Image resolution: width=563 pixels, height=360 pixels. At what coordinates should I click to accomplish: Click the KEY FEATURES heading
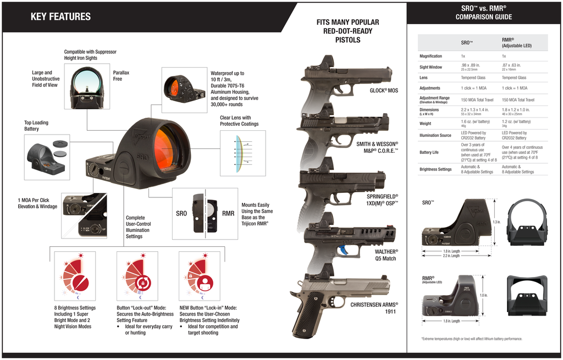[60, 16]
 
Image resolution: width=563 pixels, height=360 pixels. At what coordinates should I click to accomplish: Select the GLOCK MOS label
[383, 90]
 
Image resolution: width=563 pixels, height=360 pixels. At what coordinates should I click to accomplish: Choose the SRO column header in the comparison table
[467, 42]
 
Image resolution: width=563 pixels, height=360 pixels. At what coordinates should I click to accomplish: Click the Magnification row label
[430, 56]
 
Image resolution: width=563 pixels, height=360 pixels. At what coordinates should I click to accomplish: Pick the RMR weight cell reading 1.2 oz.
[516, 121]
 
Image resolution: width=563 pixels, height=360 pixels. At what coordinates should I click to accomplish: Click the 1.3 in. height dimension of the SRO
[497, 222]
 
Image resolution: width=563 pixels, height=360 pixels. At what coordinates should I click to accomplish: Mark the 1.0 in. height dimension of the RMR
[484, 295]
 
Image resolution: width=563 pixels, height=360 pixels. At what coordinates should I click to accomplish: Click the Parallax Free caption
[121, 76]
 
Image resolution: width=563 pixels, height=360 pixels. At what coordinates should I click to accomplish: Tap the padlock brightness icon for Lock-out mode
[142, 284]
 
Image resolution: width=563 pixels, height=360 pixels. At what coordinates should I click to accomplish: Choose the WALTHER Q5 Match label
[385, 255]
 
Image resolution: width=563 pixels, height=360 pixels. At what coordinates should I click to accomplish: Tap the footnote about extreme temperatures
[471, 339]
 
